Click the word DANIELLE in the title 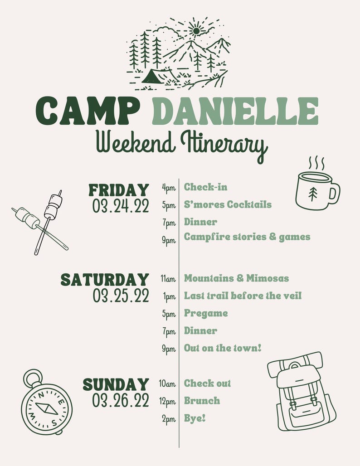(235, 111)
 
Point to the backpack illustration (301, 392)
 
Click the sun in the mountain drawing (196, 31)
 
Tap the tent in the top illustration (156, 76)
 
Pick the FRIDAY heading (119, 190)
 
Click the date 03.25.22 (121, 296)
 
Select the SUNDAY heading (116, 385)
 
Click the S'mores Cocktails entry (228, 204)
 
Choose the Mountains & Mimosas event (236, 278)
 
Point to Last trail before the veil (243, 296)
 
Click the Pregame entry (206, 313)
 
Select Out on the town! (223, 348)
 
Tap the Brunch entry (202, 401)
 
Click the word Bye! (195, 418)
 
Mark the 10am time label (167, 384)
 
